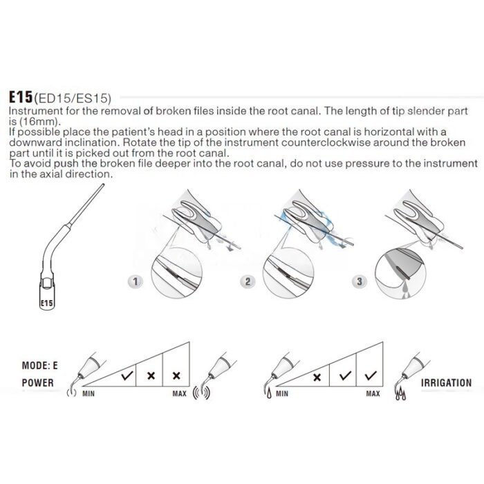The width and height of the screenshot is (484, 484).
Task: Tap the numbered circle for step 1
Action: (137, 282)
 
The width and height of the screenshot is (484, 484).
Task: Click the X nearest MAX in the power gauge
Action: (176, 376)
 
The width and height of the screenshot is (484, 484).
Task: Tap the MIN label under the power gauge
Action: (88, 393)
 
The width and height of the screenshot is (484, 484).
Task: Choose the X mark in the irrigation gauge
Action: (317, 378)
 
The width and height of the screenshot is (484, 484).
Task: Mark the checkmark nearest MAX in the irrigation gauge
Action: (372, 376)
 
